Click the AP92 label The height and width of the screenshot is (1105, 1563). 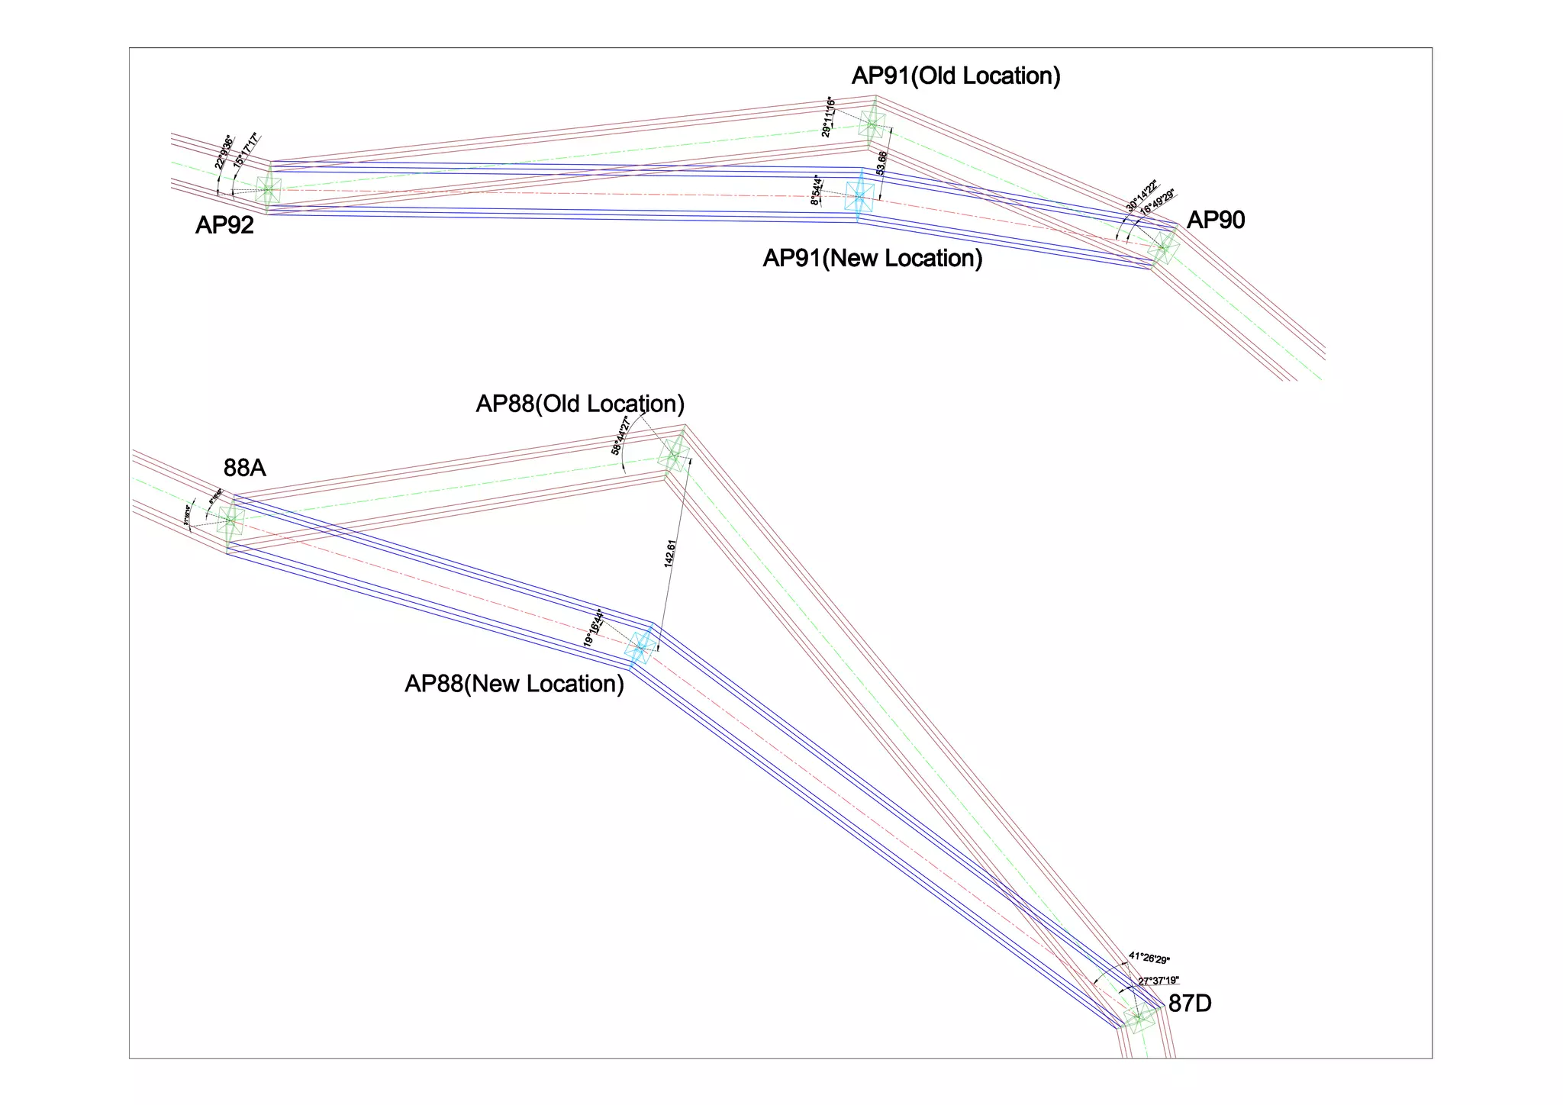224,225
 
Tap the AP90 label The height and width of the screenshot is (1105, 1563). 1216,221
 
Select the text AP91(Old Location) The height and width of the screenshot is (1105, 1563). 956,76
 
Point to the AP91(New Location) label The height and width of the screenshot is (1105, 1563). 872,259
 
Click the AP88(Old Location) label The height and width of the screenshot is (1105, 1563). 580,404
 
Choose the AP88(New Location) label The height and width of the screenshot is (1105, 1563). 514,684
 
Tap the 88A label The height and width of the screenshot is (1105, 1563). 245,468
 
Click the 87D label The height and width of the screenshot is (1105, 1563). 1190,1004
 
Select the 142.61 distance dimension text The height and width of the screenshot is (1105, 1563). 670,553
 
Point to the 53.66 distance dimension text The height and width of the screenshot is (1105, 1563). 882,163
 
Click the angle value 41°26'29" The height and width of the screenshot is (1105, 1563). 1149,958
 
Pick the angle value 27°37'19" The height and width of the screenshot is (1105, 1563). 1159,981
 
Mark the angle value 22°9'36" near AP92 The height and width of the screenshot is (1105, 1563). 223,152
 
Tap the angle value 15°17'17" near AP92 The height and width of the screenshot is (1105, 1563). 247,150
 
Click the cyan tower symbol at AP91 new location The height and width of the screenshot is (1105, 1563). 859,197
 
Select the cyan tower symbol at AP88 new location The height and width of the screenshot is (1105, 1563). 640,647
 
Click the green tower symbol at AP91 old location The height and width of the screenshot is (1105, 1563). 872,124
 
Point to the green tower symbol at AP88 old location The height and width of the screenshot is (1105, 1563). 674,456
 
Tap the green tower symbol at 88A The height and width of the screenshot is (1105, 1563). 230,521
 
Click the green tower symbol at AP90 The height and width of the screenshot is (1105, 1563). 1163,247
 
